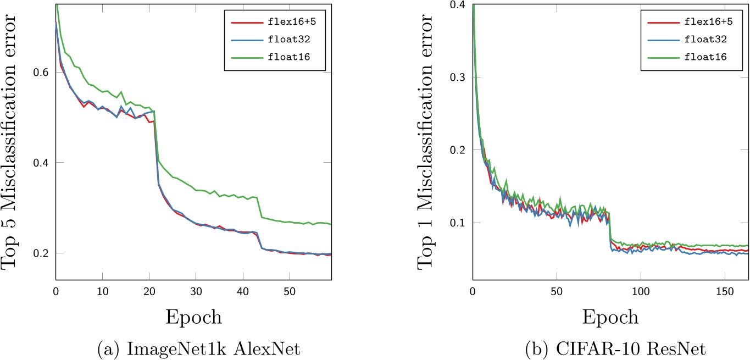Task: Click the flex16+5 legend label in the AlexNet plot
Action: coord(297,23)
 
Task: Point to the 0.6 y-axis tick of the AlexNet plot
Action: coord(42,73)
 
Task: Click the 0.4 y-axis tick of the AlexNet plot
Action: coord(42,163)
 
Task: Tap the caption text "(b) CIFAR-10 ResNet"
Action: coord(610,347)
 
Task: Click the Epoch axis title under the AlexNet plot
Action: coord(194,317)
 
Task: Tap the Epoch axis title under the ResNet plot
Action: coord(611,317)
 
